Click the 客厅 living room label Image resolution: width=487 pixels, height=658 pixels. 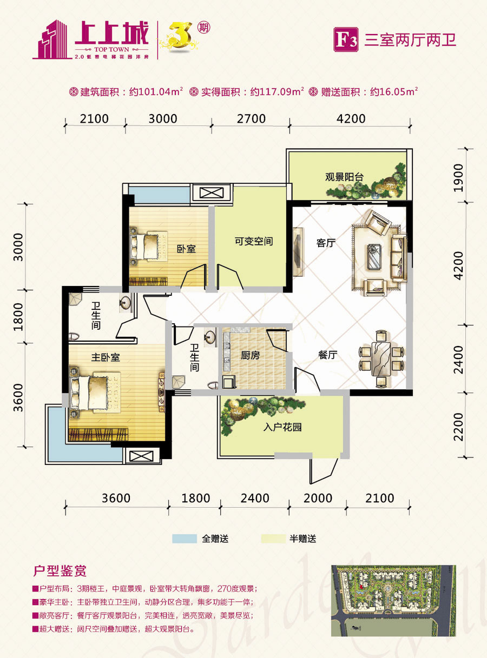(x=326, y=243)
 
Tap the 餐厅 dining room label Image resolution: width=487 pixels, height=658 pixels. (x=327, y=355)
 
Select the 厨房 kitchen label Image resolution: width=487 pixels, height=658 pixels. (x=251, y=355)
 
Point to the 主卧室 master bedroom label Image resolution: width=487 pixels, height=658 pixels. (x=106, y=357)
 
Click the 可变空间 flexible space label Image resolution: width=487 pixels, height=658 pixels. (x=254, y=241)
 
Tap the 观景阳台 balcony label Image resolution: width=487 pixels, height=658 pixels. (x=344, y=177)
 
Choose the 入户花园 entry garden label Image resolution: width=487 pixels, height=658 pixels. (x=282, y=427)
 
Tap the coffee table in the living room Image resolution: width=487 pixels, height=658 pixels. (x=375, y=256)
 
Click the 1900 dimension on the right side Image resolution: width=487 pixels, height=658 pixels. (x=458, y=178)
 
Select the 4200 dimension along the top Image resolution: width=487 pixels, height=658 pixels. (x=351, y=118)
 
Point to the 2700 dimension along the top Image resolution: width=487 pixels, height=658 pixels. (x=251, y=118)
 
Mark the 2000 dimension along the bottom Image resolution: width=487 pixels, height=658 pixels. (x=318, y=498)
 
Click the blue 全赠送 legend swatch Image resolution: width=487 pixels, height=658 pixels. (x=185, y=539)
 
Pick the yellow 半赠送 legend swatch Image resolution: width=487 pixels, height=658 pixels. (x=273, y=539)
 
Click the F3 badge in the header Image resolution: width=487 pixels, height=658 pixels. (x=346, y=39)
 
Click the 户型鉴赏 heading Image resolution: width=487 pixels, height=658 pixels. (x=60, y=570)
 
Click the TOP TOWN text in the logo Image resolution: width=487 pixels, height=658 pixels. (x=111, y=49)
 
